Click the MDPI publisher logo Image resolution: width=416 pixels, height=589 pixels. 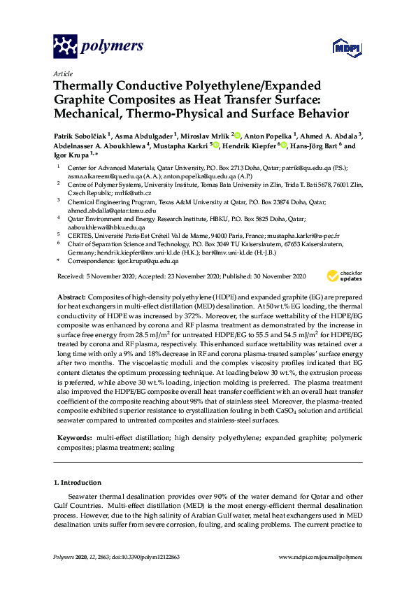(340, 48)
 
